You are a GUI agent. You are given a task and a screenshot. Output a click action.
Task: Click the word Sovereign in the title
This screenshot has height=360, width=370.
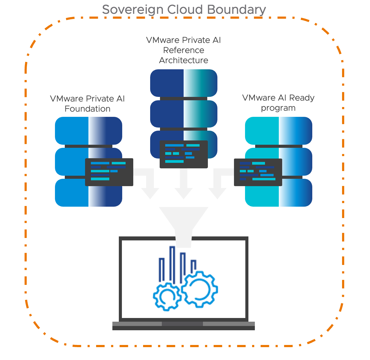133,10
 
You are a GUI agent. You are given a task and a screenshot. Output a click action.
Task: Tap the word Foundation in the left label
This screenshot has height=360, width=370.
88,109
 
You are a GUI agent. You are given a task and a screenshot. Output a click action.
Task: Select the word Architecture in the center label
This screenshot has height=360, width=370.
184,60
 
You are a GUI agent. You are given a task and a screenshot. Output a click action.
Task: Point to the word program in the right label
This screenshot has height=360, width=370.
278,108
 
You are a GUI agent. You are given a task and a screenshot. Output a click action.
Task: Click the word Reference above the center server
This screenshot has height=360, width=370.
184,50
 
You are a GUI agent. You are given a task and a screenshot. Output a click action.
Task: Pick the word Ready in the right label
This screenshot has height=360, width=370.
302,98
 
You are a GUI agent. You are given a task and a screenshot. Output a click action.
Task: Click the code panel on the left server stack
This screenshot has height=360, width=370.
109,172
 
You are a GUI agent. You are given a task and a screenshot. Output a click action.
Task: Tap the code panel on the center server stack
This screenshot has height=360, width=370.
184,154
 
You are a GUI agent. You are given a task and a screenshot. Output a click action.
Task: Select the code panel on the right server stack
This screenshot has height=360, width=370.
258,172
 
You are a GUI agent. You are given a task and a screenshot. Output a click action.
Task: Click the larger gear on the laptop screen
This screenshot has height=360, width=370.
200,289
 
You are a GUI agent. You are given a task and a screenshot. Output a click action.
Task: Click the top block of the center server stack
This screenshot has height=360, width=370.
184,83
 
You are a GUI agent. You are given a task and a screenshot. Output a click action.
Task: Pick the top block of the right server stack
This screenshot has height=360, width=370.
278,131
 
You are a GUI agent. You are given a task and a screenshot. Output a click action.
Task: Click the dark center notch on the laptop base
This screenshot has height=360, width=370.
182,324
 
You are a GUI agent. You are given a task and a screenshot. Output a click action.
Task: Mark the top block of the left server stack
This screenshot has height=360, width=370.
88,131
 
